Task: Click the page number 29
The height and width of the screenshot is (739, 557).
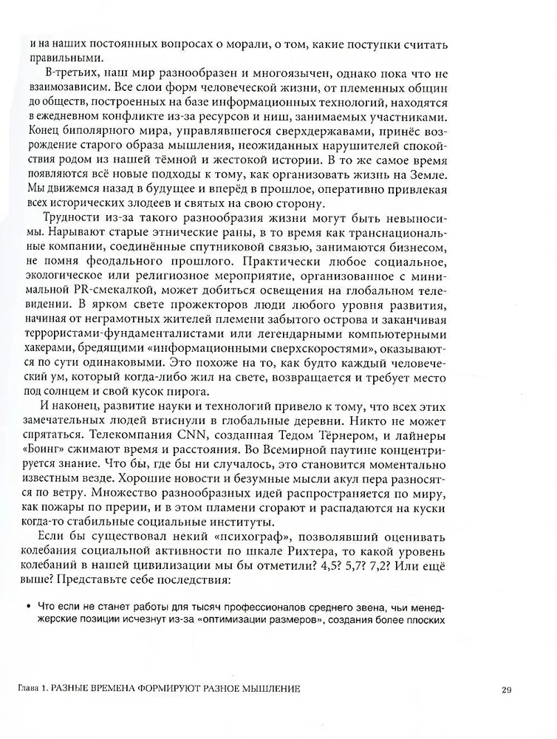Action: coord(507,690)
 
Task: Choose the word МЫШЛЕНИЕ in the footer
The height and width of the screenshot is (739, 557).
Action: coord(269,690)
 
